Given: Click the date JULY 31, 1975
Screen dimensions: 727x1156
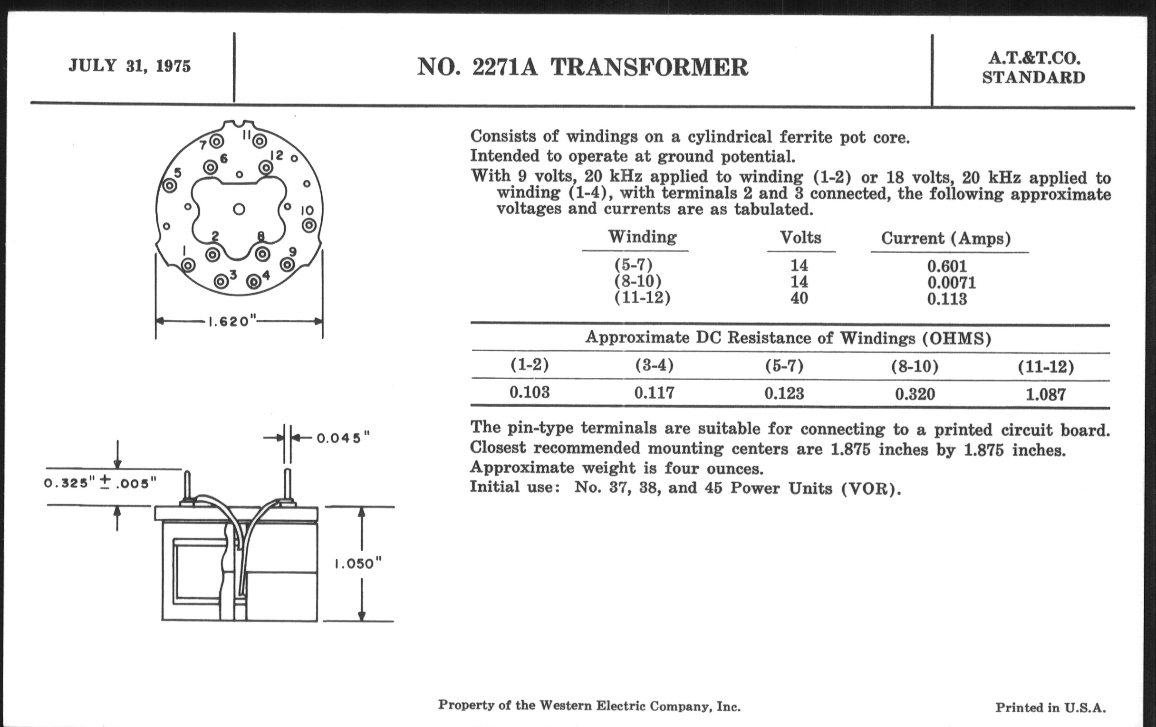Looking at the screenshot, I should pyautogui.click(x=130, y=66).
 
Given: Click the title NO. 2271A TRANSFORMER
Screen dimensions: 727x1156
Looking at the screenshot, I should pyautogui.click(x=582, y=67).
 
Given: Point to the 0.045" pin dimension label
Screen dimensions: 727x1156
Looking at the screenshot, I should pyautogui.click(x=343, y=439).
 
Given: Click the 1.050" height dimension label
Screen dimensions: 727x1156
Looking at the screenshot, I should pyautogui.click(x=357, y=564).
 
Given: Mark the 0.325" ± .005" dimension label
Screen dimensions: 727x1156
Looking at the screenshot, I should pyautogui.click(x=100, y=483).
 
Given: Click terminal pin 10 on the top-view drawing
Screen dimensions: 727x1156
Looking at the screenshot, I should pyautogui.click(x=308, y=225).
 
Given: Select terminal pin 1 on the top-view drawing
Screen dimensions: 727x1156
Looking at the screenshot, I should pyautogui.click(x=188, y=265).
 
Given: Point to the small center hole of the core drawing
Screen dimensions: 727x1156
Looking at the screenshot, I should pyautogui.click(x=239, y=209).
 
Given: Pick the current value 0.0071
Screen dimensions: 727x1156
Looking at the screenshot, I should pyautogui.click(x=952, y=283).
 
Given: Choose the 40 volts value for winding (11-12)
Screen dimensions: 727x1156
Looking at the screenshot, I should pyautogui.click(x=800, y=298).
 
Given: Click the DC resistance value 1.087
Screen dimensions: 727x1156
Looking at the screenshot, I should pyautogui.click(x=1046, y=395).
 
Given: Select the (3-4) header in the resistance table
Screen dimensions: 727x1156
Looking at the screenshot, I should pyautogui.click(x=655, y=366).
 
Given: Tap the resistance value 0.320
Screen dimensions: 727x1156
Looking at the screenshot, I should pyautogui.click(x=915, y=394).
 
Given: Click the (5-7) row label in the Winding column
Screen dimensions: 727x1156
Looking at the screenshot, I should pyautogui.click(x=634, y=265).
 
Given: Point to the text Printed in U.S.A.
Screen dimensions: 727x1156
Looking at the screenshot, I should pyautogui.click(x=1050, y=708).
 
